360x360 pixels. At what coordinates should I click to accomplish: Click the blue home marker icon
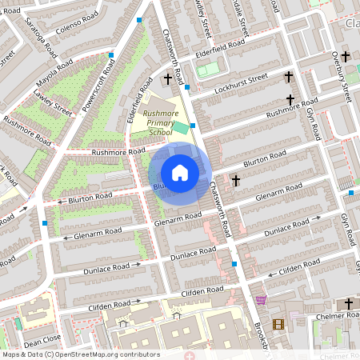click(180, 172)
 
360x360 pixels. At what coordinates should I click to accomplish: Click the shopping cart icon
click(261, 301)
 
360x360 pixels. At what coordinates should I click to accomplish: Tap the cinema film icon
click(278, 324)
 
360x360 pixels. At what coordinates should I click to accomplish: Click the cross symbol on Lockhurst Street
click(289, 78)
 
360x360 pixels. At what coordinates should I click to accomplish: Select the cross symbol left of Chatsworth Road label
click(167, 79)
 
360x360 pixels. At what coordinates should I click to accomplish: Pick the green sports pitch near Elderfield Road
click(207, 70)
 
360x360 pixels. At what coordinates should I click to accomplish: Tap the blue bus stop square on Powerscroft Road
click(110, 55)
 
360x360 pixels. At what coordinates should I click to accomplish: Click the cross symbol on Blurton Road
click(235, 181)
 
